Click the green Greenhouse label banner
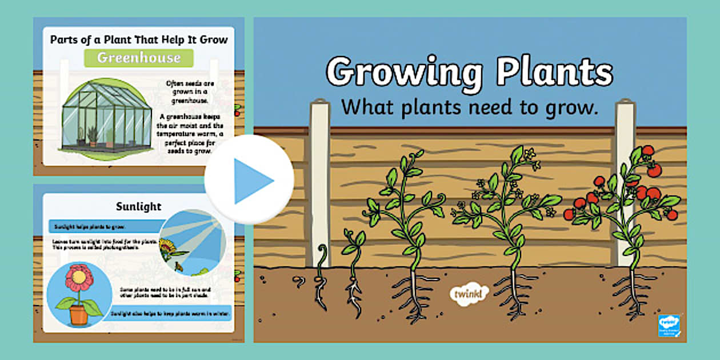(x=139, y=58)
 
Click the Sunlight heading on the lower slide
(x=139, y=206)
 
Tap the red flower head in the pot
(x=79, y=278)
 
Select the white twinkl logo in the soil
(x=470, y=293)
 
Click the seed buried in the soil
(x=298, y=280)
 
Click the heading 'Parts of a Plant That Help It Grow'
(x=139, y=39)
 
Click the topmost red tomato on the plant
(x=647, y=150)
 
